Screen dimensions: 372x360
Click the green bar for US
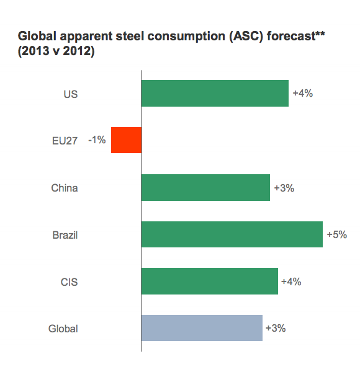pos(215,94)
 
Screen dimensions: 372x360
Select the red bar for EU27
pos(126,140)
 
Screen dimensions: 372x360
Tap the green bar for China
pos(205,187)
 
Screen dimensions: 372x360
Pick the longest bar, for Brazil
pos(232,234)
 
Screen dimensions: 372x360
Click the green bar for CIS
pos(209,281)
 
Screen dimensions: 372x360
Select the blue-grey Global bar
pos(202,328)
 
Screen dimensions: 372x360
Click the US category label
pos(70,94)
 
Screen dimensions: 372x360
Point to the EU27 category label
pos(65,141)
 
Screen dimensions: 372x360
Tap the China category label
pos(65,188)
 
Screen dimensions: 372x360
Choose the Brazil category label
pos(65,235)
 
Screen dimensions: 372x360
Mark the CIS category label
pos(70,282)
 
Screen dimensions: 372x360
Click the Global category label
pos(63,329)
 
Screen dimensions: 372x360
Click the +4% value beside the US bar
pos(302,94)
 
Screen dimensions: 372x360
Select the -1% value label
pos(97,140)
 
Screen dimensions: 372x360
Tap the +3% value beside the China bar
pos(283,187)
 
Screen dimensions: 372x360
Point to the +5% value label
pos(336,234)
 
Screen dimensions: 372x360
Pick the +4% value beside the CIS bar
pos(290,281)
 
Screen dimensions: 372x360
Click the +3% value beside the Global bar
pos(275,328)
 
